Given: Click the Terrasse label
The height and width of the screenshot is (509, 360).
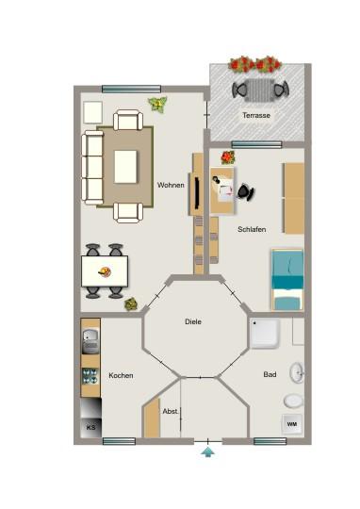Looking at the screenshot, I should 255,115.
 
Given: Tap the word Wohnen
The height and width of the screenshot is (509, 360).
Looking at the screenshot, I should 171,185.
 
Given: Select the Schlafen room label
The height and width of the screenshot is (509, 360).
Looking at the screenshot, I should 252,228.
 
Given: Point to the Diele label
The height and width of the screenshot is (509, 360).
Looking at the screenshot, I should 193,322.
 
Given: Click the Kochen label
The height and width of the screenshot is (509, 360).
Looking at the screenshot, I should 121,375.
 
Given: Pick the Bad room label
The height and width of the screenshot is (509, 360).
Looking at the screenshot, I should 270,375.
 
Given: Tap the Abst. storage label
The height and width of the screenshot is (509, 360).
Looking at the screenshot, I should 171,412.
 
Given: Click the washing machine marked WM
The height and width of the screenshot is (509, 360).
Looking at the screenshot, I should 291,424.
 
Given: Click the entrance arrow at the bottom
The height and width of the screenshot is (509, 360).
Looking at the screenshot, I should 207,453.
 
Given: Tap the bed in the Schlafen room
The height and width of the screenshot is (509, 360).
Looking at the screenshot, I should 287,279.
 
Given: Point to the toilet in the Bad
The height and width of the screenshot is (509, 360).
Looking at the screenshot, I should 294,400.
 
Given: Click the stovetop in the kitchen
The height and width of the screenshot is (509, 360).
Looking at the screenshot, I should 91,375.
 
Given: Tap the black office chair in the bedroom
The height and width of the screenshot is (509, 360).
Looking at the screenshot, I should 247,192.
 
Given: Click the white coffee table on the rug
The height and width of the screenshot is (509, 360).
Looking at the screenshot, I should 127,166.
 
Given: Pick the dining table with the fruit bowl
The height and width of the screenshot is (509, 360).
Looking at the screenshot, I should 104,272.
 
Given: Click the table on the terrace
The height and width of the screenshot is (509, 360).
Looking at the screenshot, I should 260,90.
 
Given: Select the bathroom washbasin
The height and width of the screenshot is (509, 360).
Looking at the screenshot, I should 298,372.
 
